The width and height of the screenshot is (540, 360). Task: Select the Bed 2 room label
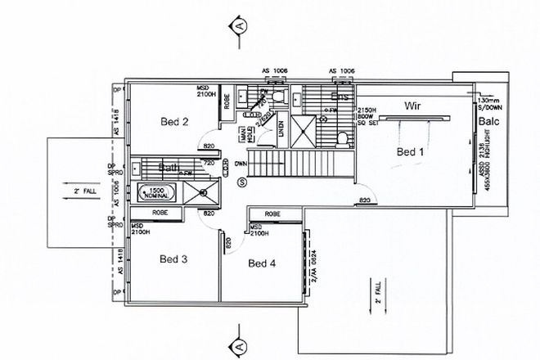pos(174,122)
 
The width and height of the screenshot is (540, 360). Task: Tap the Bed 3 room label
pos(173,259)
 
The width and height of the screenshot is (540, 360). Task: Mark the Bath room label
pos(169,169)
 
